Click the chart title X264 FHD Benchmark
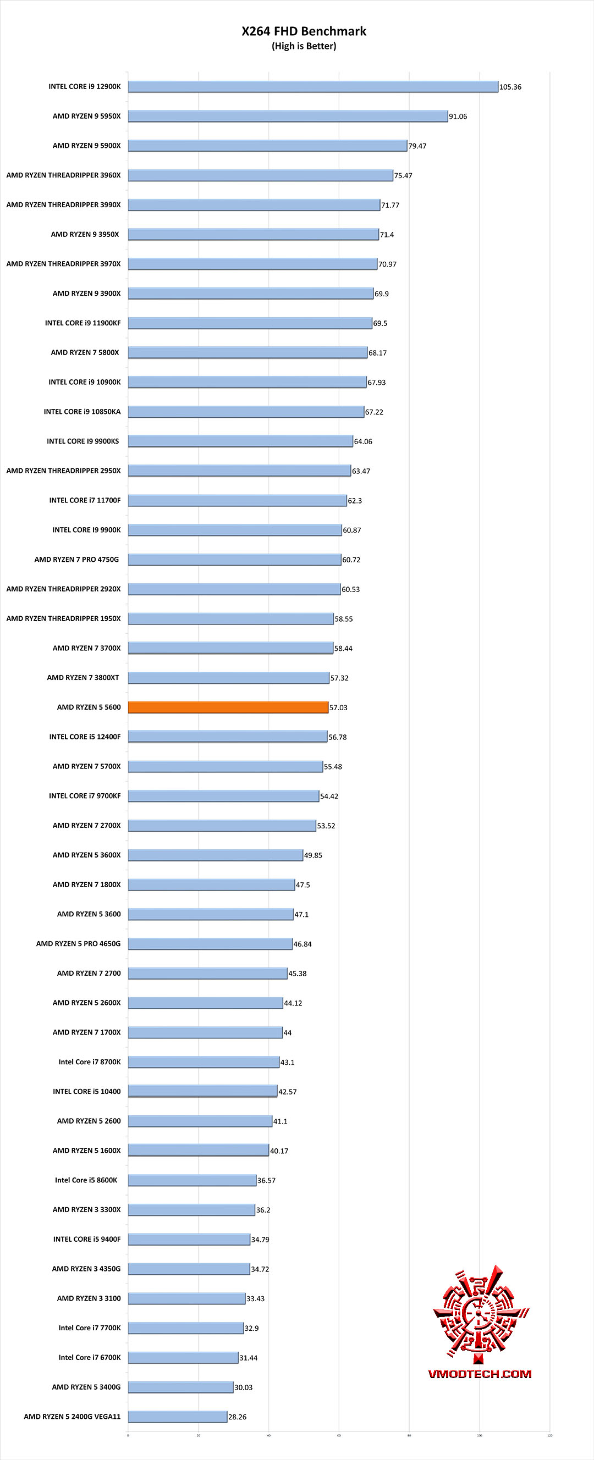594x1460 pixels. tap(304, 31)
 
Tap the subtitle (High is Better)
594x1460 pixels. tap(304, 46)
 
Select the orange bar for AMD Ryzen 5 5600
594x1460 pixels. tap(228, 707)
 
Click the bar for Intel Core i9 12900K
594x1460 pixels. tap(312, 86)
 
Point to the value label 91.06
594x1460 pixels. tap(458, 116)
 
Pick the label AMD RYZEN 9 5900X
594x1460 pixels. tap(87, 146)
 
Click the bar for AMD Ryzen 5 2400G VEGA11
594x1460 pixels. tap(178, 1417)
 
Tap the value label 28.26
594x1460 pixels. tap(237, 1417)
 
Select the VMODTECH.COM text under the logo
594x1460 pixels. tap(480, 1374)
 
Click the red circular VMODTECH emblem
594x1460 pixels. tap(480, 1315)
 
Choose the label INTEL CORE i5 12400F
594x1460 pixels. tap(85, 737)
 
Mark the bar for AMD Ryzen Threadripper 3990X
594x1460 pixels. tap(254, 204)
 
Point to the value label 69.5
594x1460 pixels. tap(380, 323)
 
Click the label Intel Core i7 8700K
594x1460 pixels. tap(90, 1061)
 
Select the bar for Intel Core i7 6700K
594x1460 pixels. tap(183, 1357)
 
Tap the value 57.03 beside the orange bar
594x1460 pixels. tap(338, 707)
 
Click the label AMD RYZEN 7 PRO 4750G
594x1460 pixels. tap(76, 560)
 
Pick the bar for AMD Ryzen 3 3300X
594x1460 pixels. tap(191, 1209)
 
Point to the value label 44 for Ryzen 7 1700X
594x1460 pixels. tap(288, 1033)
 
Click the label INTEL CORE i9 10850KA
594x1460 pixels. tap(82, 412)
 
